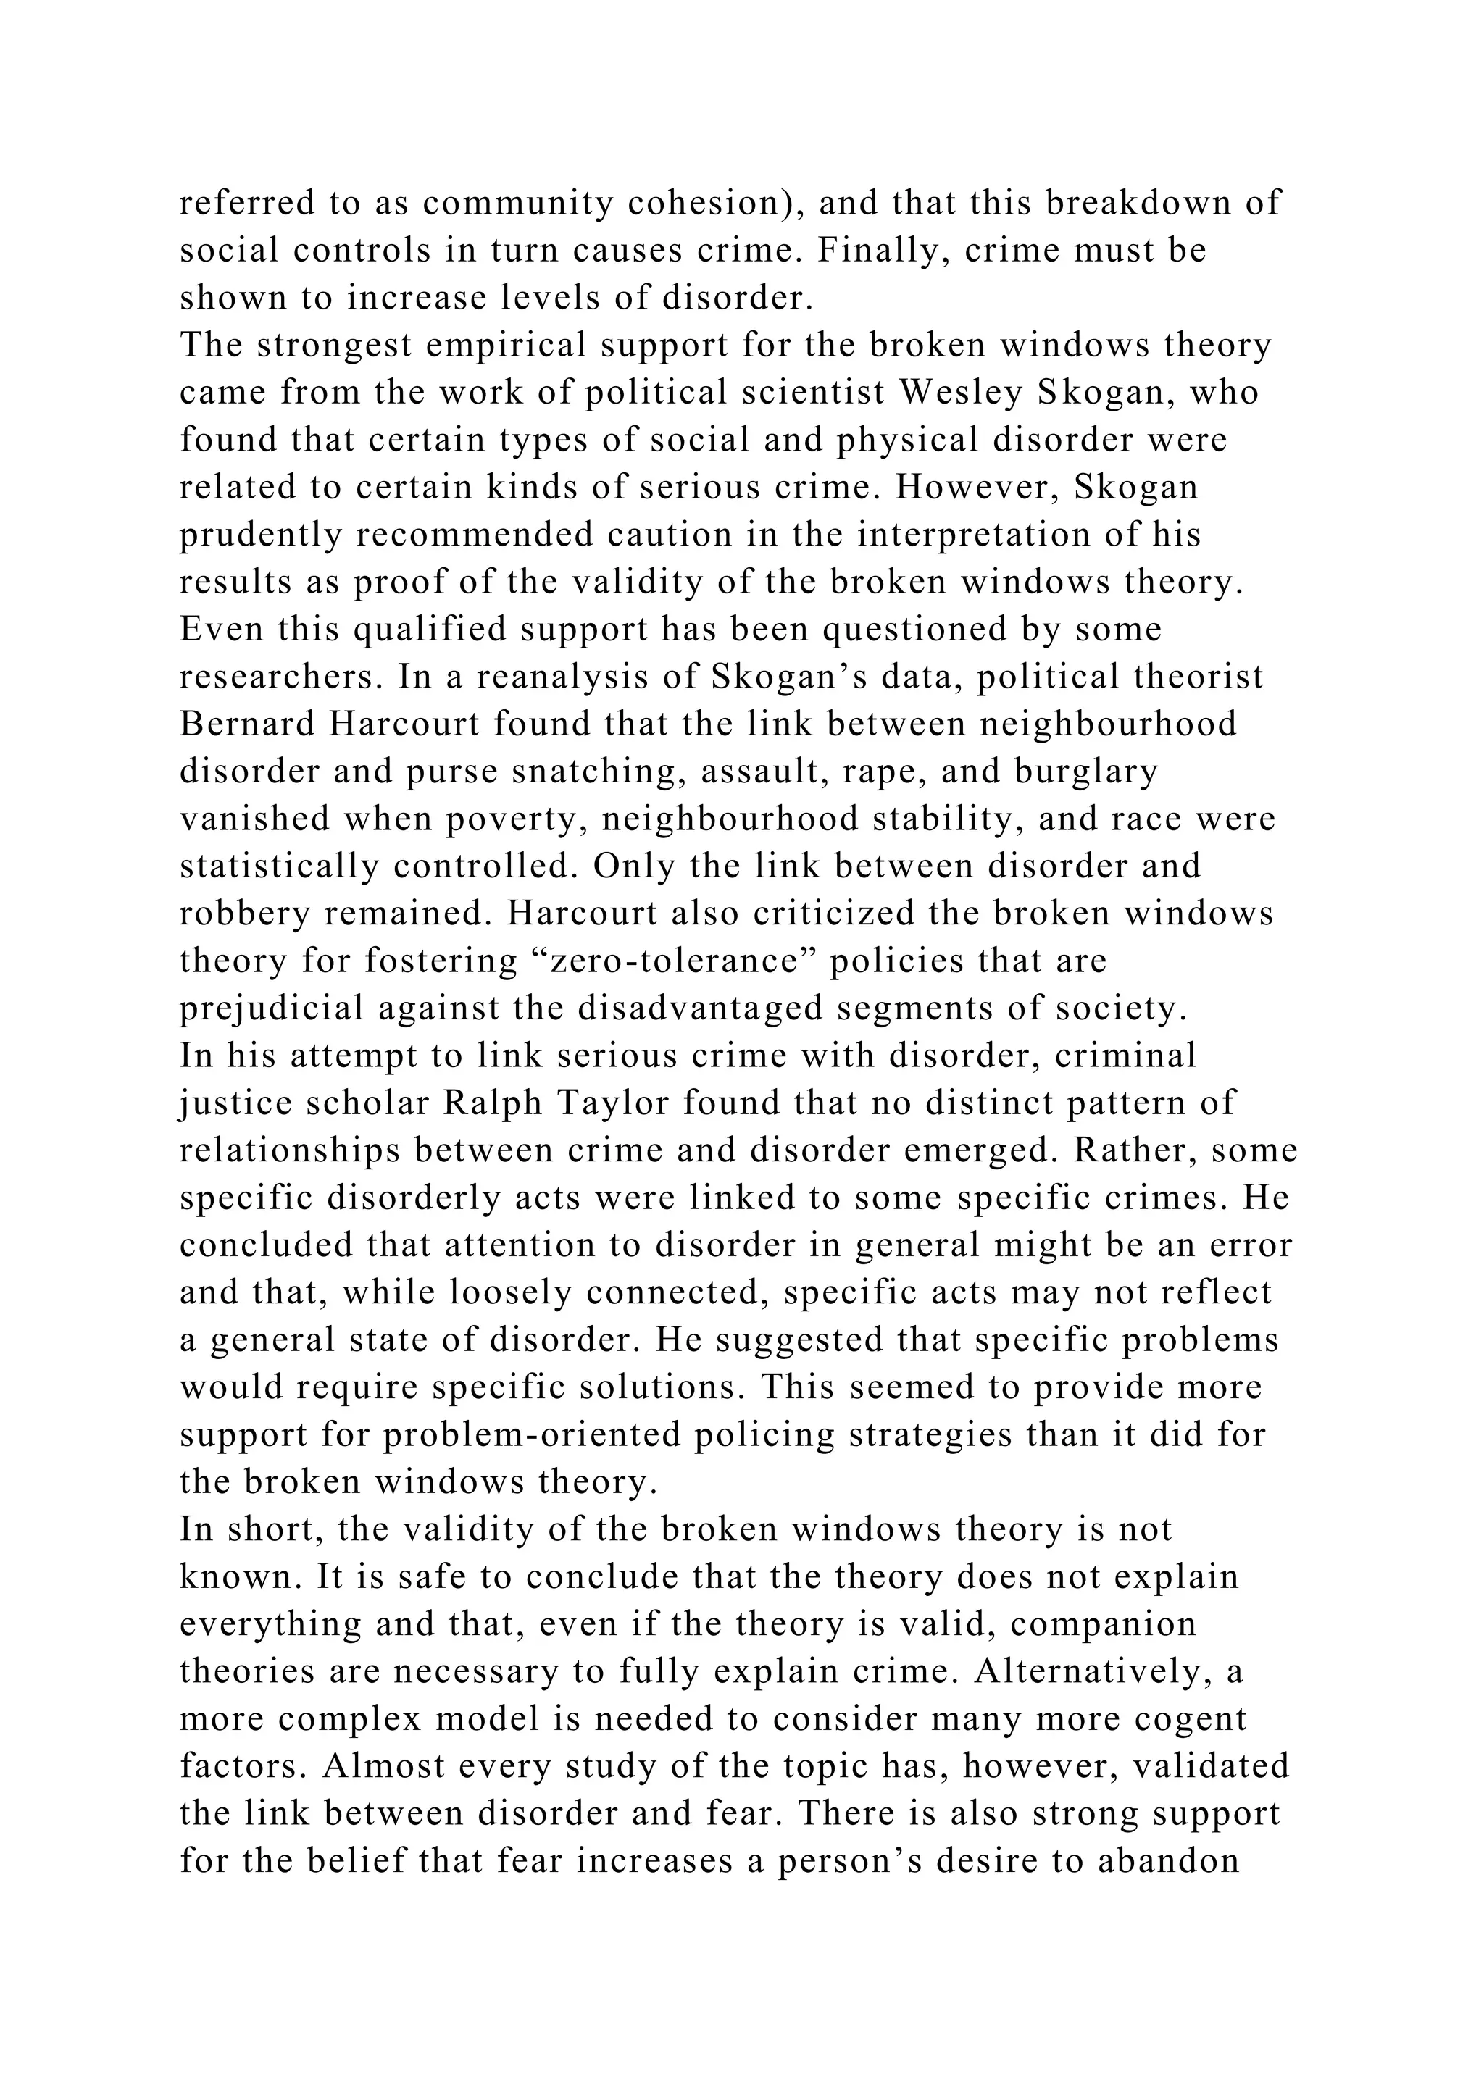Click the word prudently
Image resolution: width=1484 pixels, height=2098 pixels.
pos(259,535)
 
